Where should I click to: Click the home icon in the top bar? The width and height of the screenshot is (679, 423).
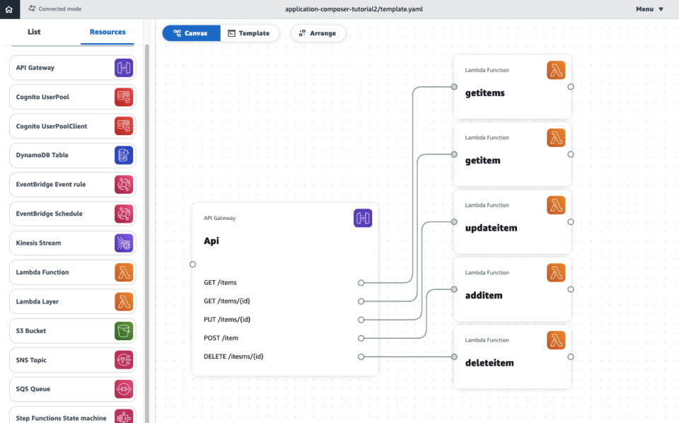tap(8, 9)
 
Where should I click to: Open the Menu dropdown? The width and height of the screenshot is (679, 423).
tap(649, 9)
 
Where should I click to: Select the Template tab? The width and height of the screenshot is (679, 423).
tap(249, 33)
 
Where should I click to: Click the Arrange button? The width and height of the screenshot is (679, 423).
tap(318, 33)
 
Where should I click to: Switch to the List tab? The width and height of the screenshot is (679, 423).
tap(34, 32)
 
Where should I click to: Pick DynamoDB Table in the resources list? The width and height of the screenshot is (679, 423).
tap(42, 155)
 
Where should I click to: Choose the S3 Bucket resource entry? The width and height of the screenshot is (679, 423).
tap(31, 330)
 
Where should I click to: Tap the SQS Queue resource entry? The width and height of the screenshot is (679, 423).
tap(33, 389)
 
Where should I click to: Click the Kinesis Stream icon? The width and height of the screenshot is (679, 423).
tap(124, 243)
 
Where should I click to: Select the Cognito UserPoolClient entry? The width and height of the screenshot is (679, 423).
tap(52, 126)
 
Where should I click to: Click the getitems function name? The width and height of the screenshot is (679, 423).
tap(484, 93)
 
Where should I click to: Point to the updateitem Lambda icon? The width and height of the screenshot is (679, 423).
tap(556, 205)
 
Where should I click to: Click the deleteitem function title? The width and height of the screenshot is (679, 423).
tap(489, 363)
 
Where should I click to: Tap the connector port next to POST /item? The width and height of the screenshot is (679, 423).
tap(361, 338)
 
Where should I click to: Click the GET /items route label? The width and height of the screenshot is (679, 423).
tap(220, 282)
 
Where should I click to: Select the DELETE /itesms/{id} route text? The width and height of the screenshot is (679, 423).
tap(233, 357)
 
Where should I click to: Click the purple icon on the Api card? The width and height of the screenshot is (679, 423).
tap(363, 218)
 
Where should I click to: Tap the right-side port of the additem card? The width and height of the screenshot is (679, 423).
tap(571, 289)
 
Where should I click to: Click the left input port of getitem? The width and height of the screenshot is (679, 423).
tap(454, 154)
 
